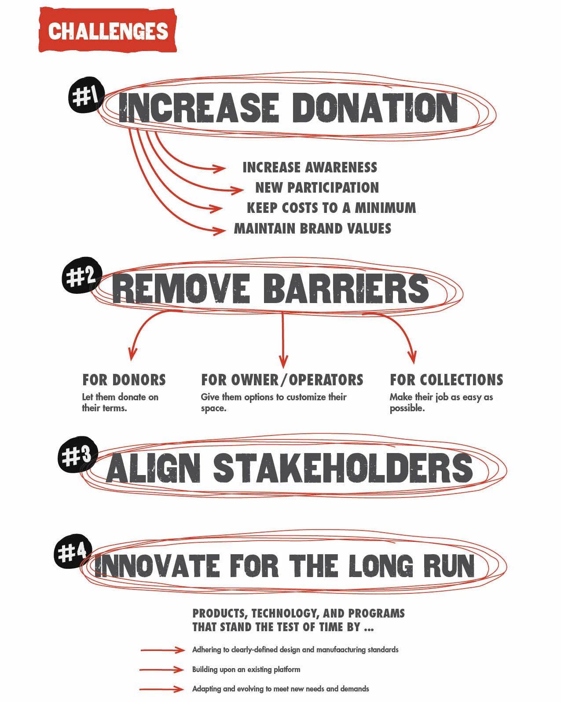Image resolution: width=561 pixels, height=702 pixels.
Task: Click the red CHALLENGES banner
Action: point(107,31)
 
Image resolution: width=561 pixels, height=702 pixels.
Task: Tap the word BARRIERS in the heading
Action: point(345,289)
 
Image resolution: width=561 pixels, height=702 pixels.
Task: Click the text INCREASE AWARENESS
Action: point(310,168)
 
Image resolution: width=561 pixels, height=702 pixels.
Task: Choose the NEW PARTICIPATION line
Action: point(317,188)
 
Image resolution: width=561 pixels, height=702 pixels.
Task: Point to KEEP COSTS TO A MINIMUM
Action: point(331,208)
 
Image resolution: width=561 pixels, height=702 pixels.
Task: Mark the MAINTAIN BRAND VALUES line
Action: point(312,229)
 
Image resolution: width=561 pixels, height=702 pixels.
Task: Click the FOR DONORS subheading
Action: point(124,380)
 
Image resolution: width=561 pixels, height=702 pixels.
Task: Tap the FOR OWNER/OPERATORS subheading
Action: point(282,380)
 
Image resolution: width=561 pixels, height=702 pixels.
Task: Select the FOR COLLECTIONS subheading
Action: point(446,380)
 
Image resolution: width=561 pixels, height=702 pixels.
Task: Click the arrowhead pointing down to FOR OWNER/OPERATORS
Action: point(283,362)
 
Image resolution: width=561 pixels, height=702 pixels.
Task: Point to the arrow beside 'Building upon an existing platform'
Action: point(162,669)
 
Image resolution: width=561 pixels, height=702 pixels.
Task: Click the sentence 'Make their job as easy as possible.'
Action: point(441,402)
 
